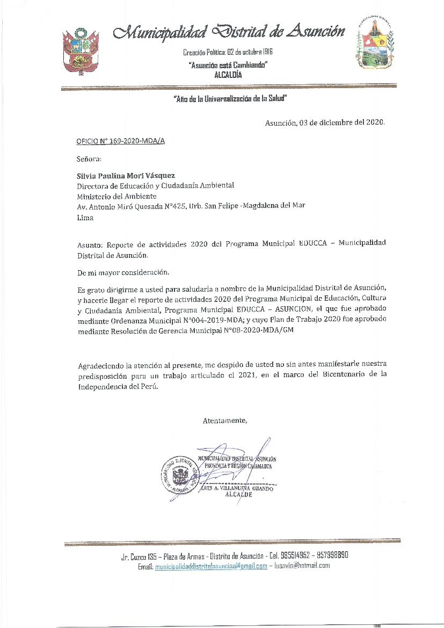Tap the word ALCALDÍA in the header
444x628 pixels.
point(228,75)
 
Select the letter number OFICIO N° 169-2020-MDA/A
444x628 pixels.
point(121,141)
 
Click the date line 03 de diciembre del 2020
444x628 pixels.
point(325,122)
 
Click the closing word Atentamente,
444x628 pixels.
point(225,420)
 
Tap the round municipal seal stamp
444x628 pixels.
point(177,475)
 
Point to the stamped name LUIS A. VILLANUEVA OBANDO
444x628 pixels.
point(236,488)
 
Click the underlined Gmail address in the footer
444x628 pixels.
point(210,566)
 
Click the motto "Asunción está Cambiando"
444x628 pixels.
point(228,65)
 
